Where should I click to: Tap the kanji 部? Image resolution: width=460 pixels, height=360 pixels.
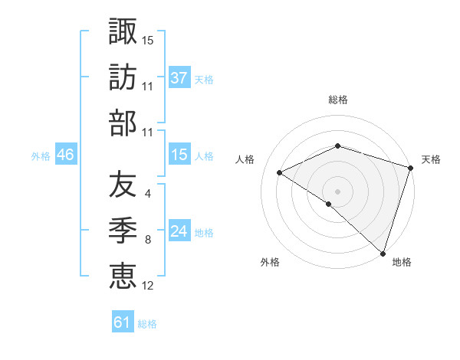pos(123,123)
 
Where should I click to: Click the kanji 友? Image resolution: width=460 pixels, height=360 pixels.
pos(123,183)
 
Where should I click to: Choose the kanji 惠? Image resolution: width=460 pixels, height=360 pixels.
pos(123,275)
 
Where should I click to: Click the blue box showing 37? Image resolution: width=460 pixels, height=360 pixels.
pos(179,77)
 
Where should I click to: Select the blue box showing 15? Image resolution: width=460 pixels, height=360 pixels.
pos(179,155)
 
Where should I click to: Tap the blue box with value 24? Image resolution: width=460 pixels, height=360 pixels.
pos(179,231)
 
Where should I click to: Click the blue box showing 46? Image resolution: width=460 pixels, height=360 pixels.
pos(66,155)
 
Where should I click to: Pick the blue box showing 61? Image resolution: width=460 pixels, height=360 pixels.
pos(123,322)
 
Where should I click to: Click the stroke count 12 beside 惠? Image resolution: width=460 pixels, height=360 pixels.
pos(148,286)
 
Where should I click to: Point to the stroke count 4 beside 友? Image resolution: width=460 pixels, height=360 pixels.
pos(147,194)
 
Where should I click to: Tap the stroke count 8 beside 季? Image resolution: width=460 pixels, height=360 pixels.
pos(147,240)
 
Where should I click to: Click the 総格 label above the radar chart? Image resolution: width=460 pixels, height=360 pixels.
pos(338,100)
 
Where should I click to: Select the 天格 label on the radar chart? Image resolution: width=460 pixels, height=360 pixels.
pos(432,159)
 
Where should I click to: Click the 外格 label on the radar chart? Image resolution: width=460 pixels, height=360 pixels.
pos(270,262)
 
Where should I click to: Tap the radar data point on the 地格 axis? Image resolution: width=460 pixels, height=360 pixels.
pos(383,253)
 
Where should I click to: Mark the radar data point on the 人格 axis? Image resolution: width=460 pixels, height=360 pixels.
pos(280,172)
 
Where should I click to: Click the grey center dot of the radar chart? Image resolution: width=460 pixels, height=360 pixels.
pos(337,191)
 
